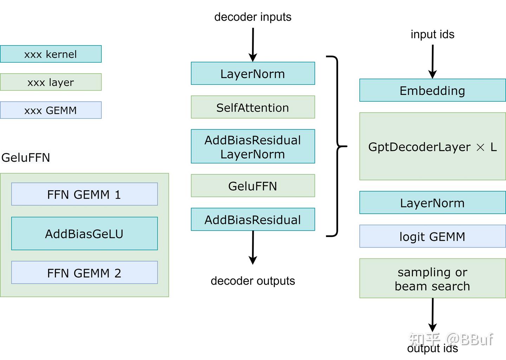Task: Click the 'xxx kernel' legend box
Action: coord(51,54)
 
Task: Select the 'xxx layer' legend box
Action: coord(51,82)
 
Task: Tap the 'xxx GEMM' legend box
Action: coord(51,110)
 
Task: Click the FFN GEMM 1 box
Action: coord(84,194)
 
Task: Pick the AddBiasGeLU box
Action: coord(84,233)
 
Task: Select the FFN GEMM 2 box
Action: coord(84,272)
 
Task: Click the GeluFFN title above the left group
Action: coord(26,157)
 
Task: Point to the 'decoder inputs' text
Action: coord(253,17)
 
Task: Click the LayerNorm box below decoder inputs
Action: coord(253,73)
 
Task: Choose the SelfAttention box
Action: coord(253,107)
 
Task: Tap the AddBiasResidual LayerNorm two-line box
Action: coord(253,147)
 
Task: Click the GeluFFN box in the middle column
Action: coord(253,186)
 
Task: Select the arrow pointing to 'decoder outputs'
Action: coord(253,248)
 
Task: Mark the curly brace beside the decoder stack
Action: coord(337,146)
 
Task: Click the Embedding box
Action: coord(432,90)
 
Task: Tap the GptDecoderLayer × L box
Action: coord(432,147)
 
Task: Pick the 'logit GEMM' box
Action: coord(432,236)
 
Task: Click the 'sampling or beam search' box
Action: coord(432,278)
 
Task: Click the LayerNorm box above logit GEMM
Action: coord(432,203)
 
